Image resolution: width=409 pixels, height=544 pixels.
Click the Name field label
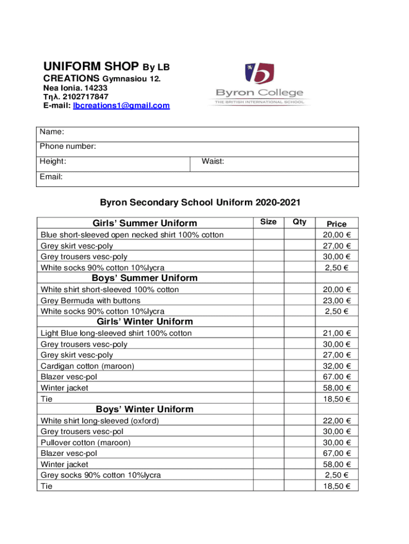53,131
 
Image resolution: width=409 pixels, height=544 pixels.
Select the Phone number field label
67,146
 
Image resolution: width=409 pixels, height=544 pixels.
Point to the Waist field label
212,161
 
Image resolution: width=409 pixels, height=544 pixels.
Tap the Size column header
268,222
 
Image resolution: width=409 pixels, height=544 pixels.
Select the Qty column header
299,222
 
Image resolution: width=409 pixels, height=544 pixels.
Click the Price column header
337,224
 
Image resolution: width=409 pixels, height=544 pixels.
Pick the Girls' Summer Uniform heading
144,223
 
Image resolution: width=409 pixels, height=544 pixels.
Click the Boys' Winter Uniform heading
144,409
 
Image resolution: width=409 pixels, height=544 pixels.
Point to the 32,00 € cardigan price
337,366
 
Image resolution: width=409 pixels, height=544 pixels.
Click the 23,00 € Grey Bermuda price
337,301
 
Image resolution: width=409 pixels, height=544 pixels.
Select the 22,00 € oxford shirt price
337,421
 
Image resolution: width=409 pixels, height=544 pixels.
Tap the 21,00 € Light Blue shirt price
337,333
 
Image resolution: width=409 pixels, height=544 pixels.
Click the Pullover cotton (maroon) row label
86,443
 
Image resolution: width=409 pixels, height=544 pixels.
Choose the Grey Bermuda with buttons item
91,301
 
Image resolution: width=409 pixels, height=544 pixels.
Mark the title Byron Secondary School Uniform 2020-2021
200,202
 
